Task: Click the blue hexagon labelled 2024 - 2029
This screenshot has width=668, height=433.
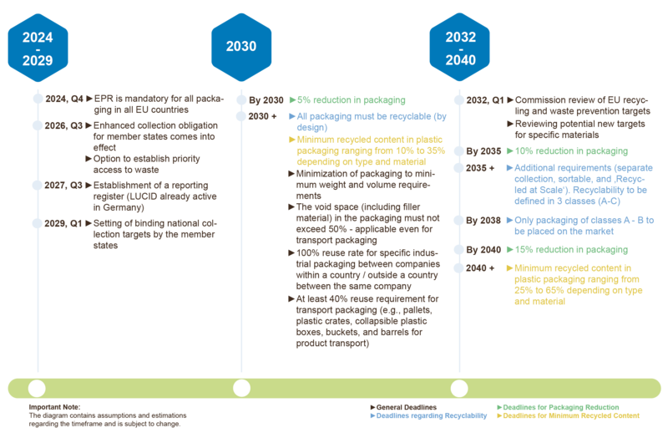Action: coord(38,48)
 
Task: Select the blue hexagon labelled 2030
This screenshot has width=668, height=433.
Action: coord(241,47)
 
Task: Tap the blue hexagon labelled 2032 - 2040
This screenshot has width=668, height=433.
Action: coord(460,47)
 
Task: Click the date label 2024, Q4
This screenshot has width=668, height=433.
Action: coord(64,99)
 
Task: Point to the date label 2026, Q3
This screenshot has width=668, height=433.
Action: coord(63,126)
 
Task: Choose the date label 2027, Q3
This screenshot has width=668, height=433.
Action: coord(63,186)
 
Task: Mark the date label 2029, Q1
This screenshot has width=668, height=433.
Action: coord(63,223)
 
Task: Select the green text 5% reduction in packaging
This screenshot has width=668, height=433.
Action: coord(351,99)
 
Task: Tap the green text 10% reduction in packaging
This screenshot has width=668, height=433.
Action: coord(571,151)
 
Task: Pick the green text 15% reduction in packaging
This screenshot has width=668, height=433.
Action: coord(571,250)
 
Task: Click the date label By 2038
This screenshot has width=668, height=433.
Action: coord(483,221)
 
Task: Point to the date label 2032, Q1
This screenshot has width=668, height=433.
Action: coord(485,100)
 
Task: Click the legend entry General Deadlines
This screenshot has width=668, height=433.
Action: coord(406,407)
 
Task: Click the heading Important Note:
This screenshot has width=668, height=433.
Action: coord(54,407)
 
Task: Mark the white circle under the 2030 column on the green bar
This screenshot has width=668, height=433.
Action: coord(241,388)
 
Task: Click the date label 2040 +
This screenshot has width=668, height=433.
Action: coord(480,268)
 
